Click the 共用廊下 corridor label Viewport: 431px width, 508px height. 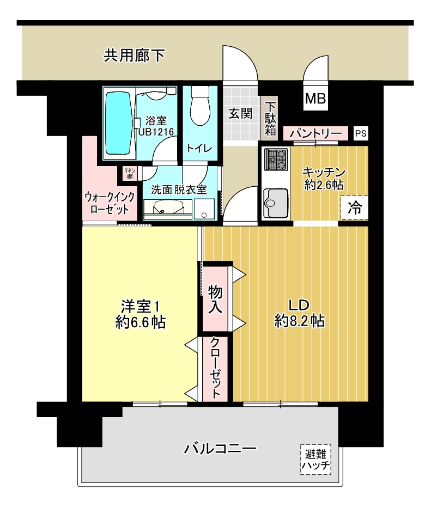click(x=134, y=56)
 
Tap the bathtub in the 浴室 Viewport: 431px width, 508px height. click(x=118, y=123)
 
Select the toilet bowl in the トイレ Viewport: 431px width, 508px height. click(x=200, y=106)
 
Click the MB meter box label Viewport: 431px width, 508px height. click(x=315, y=98)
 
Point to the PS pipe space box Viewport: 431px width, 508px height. click(x=361, y=133)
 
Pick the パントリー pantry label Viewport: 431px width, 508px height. click(x=315, y=133)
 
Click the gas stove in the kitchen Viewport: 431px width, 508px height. click(x=276, y=160)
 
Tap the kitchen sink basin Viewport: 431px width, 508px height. click(x=276, y=203)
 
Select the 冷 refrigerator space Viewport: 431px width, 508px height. click(x=355, y=207)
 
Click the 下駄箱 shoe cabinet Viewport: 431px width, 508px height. click(x=270, y=118)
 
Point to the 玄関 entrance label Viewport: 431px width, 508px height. click(x=240, y=113)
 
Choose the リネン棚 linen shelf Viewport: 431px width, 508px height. click(x=130, y=173)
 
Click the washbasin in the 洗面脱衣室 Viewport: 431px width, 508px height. click(x=168, y=207)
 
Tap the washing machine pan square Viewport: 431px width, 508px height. click(x=204, y=209)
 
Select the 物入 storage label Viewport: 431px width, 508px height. click(x=215, y=299)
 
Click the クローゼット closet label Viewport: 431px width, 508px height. click(x=215, y=368)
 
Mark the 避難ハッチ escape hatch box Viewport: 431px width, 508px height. click(x=315, y=460)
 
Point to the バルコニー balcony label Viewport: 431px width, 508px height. click(x=220, y=449)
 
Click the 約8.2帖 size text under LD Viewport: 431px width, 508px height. click(x=299, y=321)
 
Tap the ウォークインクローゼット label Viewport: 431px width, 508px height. click(x=110, y=203)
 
